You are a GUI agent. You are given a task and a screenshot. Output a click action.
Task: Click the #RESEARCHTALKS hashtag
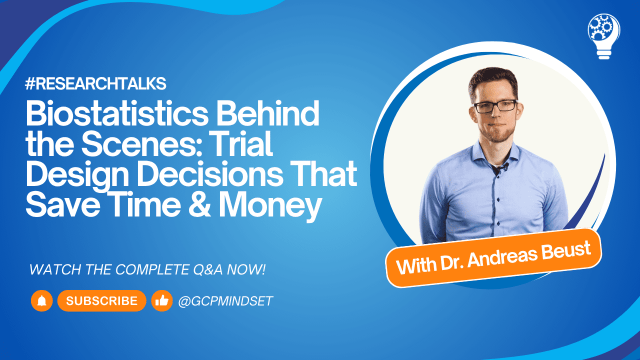coord(95,84)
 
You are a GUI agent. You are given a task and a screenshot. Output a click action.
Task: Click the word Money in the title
coord(269,206)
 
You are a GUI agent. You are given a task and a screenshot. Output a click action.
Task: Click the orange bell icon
coord(42,300)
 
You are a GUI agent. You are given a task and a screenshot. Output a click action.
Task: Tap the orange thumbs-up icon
coord(161,300)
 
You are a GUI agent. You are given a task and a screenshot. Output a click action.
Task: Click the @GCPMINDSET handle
coord(225,301)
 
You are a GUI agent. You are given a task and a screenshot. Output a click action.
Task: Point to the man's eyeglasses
coord(494,106)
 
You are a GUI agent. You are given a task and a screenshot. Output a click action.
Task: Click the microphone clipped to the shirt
coord(505,166)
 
